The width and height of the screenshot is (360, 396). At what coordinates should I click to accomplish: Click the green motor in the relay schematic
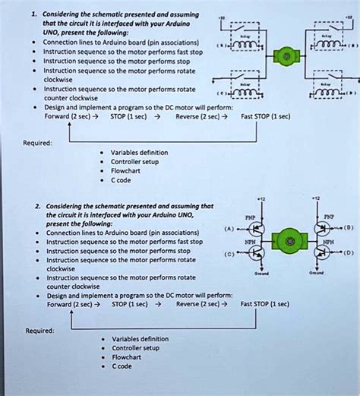click(286, 57)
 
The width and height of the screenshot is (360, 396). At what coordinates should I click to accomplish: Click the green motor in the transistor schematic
click(289, 242)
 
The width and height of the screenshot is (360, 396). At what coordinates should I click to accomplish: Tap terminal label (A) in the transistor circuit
click(229, 228)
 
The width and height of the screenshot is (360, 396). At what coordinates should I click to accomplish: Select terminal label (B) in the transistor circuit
click(349, 227)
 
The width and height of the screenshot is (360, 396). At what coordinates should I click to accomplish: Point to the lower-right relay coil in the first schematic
click(327, 94)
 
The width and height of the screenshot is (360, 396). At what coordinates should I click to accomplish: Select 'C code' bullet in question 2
click(122, 366)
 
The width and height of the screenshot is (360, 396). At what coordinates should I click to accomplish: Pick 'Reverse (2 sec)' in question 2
click(197, 303)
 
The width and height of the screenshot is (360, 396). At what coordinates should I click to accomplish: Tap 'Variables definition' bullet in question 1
click(140, 152)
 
